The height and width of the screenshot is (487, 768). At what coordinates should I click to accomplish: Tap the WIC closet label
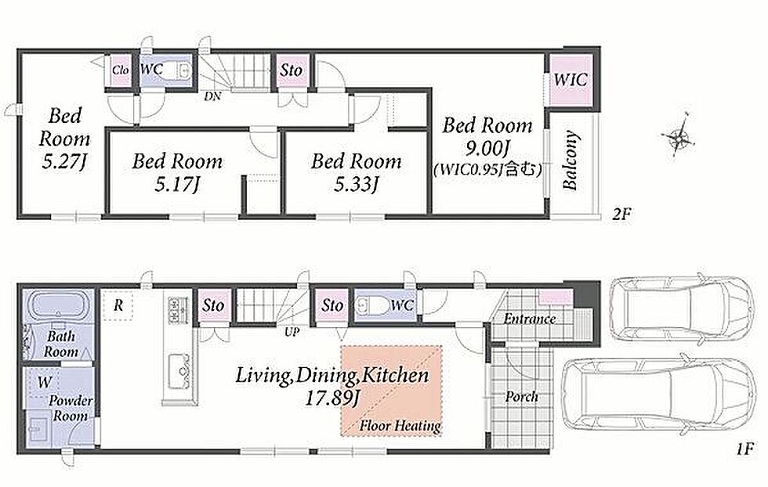[x=571, y=80]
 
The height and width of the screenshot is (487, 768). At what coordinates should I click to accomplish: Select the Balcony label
[x=571, y=160]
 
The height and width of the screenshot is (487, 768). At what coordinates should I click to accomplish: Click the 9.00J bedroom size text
[x=487, y=148]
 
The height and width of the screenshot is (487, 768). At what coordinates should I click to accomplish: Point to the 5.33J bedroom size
[x=357, y=185]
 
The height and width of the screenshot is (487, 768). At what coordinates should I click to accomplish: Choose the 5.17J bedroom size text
[x=177, y=185]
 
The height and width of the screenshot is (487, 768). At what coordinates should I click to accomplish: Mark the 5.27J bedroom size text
[x=64, y=162]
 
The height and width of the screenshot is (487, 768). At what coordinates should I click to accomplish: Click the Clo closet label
[x=120, y=70]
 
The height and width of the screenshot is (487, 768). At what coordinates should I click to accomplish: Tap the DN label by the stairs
[x=212, y=96]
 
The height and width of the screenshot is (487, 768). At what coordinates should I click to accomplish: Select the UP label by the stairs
[x=292, y=332]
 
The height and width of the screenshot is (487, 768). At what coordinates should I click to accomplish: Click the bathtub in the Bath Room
[x=59, y=307]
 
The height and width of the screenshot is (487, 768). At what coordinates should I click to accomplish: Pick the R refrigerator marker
[x=118, y=305]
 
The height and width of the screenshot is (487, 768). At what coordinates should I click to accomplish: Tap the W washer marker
[x=45, y=382]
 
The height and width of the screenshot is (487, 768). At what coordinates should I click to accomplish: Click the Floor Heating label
[x=400, y=426]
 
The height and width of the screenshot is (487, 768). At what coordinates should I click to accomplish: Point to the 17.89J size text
[x=332, y=399]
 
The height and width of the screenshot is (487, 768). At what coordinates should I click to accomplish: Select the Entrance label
[x=530, y=319]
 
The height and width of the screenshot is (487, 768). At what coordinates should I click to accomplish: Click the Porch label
[x=522, y=396]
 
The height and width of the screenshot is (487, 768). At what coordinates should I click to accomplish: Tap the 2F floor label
[x=620, y=214]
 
